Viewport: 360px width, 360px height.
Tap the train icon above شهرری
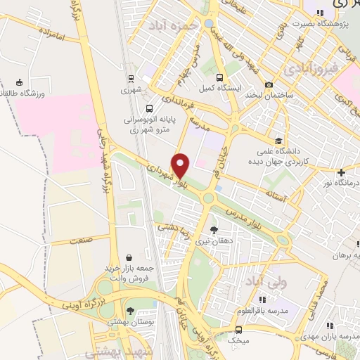coord(131,78)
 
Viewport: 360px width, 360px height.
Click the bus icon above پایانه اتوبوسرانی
coord(148,108)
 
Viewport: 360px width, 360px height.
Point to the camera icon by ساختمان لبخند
coord(269,84)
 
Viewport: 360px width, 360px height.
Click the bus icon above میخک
coord(238,329)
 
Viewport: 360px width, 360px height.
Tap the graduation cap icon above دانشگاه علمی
coord(279,140)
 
